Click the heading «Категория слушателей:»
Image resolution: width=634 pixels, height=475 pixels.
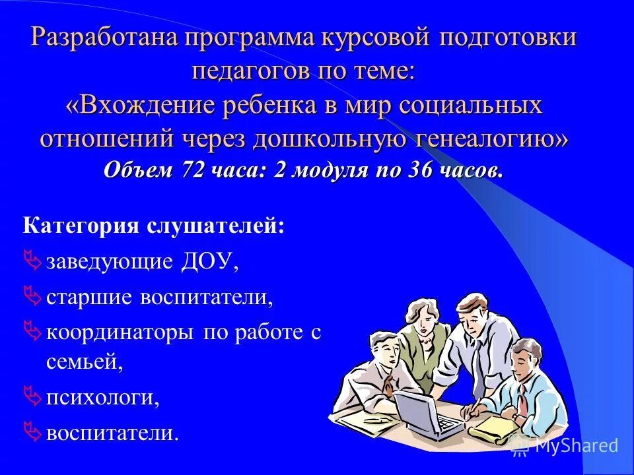(x=155, y=226)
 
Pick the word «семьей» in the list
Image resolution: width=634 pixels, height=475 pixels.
(x=85, y=362)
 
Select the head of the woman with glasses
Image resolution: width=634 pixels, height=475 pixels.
(x=418, y=313)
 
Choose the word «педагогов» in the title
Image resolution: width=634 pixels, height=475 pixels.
(x=247, y=71)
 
